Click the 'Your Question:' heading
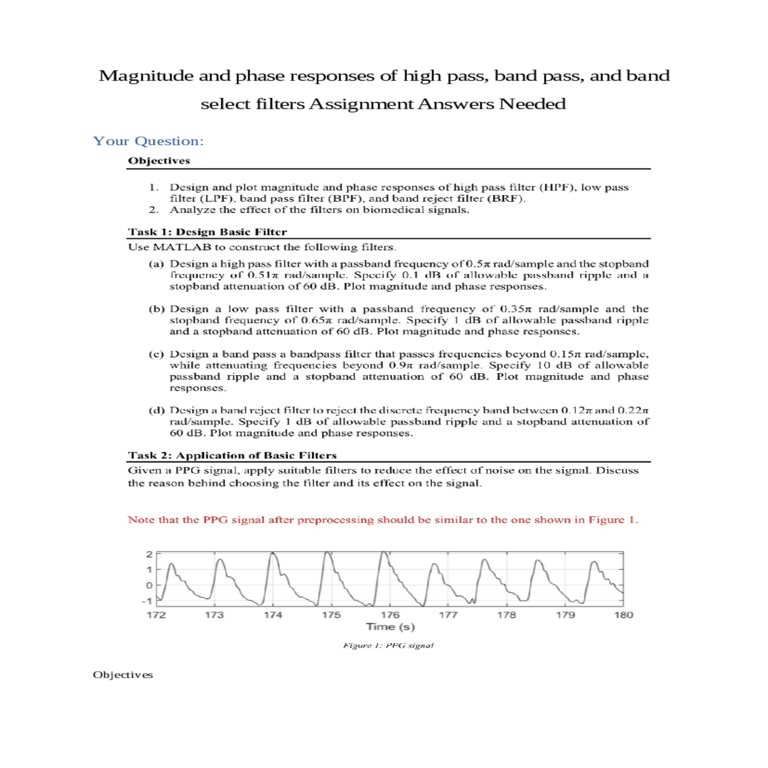[148, 141]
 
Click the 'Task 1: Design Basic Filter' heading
[207, 232]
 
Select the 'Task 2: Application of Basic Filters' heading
[232, 456]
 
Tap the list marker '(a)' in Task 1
[157, 264]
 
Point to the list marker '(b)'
[157, 309]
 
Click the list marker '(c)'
[157, 354]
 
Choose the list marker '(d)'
[157, 410]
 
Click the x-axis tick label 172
[156, 615]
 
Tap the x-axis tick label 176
[390, 615]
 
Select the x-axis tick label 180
[623, 615]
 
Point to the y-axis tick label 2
[149, 554]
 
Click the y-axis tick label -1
[147, 601]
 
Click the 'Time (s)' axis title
[390, 627]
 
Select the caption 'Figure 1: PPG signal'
[388, 646]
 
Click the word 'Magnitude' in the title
[146, 76]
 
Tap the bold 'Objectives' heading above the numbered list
[159, 161]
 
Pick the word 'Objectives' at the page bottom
[123, 675]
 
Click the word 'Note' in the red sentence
[141, 520]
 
